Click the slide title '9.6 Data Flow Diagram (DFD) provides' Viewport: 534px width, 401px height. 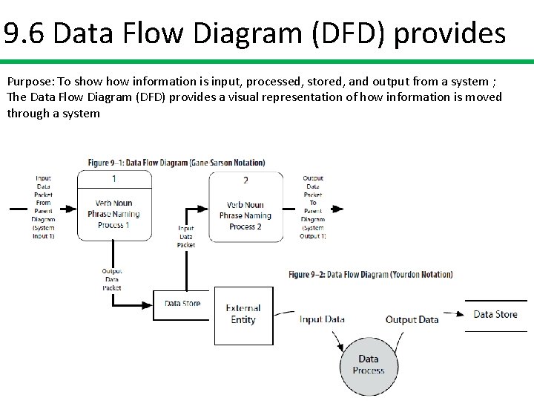pos(254,33)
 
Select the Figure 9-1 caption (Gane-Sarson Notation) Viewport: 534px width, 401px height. pos(177,163)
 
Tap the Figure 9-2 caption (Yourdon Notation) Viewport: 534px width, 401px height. pos(370,274)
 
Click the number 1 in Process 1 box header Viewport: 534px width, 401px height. pos(113,178)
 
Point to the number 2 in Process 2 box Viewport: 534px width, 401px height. pos(245,180)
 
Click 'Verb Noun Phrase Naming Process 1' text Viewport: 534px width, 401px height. pos(113,214)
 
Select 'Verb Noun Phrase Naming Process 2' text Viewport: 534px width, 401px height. pos(245,215)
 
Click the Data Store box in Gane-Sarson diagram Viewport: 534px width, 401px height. pos(182,304)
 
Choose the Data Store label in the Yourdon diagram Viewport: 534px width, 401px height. pos(495,314)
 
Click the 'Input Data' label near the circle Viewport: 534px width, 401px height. pos(322,319)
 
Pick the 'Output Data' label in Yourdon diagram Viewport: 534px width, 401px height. pos(412,319)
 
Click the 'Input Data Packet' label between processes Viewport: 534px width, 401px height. pos(186,236)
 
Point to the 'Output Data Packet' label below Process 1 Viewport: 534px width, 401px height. pos(112,279)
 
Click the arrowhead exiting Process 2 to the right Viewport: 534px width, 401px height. pos(337,209)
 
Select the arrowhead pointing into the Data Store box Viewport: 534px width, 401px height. pos(148,304)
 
